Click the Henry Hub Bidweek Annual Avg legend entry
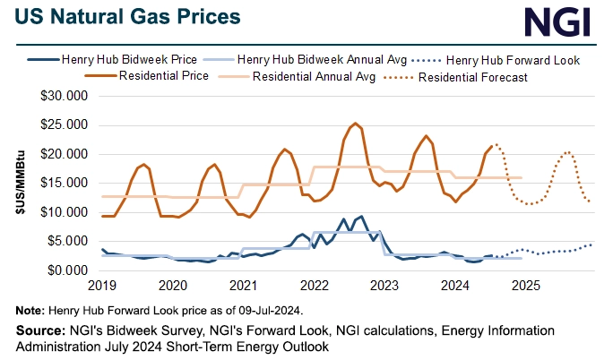(x=319, y=60)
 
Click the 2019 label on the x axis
(x=102, y=287)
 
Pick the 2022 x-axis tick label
(x=314, y=287)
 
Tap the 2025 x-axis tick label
(x=525, y=287)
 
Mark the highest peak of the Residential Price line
(x=356, y=124)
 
